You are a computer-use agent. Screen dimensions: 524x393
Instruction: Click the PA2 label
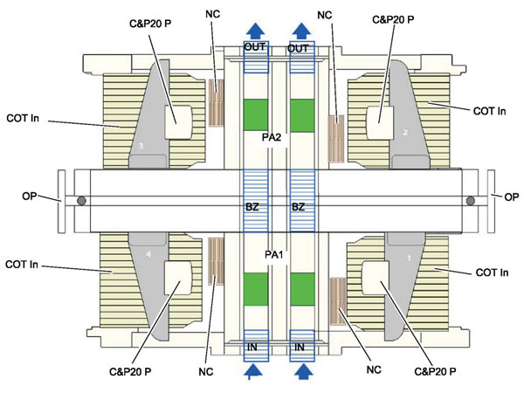[x=271, y=137]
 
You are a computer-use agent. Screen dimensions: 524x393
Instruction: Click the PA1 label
[x=273, y=255]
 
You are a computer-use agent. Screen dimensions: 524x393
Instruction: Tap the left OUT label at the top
[x=255, y=47]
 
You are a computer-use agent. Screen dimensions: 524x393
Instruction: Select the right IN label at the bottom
[x=300, y=348]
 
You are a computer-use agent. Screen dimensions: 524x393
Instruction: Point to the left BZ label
[x=252, y=207]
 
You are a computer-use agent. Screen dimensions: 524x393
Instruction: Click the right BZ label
[x=298, y=207]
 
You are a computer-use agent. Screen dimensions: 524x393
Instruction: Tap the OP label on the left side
[x=29, y=196]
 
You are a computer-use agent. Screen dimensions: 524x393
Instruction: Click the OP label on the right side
[x=511, y=197]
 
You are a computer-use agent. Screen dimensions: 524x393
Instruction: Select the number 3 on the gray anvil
[x=141, y=146]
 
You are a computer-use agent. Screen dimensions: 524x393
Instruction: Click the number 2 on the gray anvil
[x=405, y=133]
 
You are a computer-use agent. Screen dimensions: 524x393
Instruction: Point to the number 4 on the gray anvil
[x=148, y=255]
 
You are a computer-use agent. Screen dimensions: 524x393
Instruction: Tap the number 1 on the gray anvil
[x=410, y=259]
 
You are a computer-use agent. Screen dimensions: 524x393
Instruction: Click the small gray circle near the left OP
[x=81, y=201]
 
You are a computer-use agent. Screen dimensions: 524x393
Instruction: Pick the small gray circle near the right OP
[x=471, y=201]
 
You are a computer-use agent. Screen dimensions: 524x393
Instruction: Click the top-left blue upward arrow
[x=256, y=31]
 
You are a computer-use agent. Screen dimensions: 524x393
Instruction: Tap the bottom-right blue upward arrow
[x=303, y=372]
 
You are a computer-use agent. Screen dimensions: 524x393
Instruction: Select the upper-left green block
[x=256, y=115]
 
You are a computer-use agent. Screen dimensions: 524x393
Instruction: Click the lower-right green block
[x=302, y=289]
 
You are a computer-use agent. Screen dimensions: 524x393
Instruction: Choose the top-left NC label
[x=213, y=14]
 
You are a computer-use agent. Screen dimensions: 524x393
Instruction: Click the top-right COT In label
[x=490, y=111]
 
